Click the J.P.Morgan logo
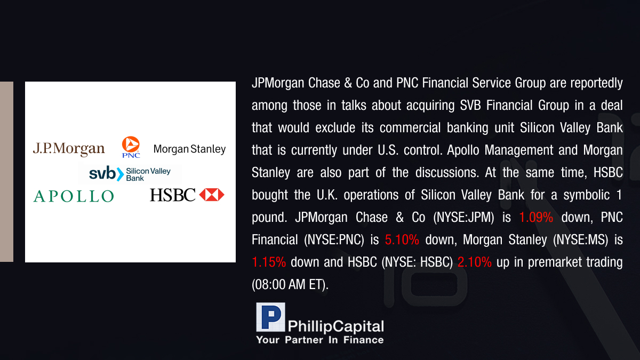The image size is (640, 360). tap(69, 149)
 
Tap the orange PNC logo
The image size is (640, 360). tap(131, 147)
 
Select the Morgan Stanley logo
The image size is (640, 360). tap(189, 149)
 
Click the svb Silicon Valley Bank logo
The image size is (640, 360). tap(130, 174)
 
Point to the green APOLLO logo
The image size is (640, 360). tap(74, 196)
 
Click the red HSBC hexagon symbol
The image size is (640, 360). tap(212, 195)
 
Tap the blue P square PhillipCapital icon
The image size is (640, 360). tap(270, 317)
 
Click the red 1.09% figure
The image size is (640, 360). tap(535, 218)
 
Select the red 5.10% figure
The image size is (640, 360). tap(402, 239)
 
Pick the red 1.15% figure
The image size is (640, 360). tap(269, 262)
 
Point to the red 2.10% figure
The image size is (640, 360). tap(474, 262)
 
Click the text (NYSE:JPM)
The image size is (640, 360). tap(463, 218)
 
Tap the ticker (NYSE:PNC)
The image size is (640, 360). tap(334, 240)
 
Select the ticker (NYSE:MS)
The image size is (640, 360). tap(581, 240)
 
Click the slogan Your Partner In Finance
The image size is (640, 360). tap(319, 340)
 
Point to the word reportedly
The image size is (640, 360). tap(597, 83)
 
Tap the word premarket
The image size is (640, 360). tap(555, 262)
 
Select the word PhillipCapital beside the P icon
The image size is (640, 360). tap(335, 326)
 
